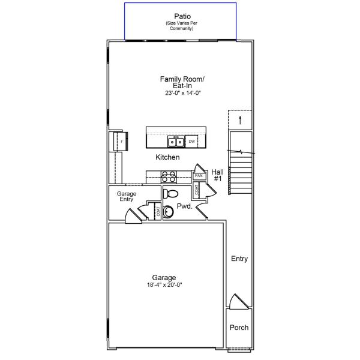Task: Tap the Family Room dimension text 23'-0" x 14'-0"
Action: point(182,93)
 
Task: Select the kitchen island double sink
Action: point(175,142)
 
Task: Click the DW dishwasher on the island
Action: point(191,142)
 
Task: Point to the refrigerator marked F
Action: point(119,142)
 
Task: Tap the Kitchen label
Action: point(167,157)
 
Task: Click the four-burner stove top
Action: point(169,176)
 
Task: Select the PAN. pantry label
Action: point(198,176)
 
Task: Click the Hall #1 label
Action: point(217,175)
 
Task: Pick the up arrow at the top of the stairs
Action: point(240,120)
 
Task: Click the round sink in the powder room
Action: point(169,211)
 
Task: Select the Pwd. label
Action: point(184,206)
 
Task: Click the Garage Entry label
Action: point(126,196)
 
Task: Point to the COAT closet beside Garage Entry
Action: point(158,211)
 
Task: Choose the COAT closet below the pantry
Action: point(197,190)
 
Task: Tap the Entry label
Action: point(239,259)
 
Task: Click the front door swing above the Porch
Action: point(238,302)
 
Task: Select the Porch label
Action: point(239,328)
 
